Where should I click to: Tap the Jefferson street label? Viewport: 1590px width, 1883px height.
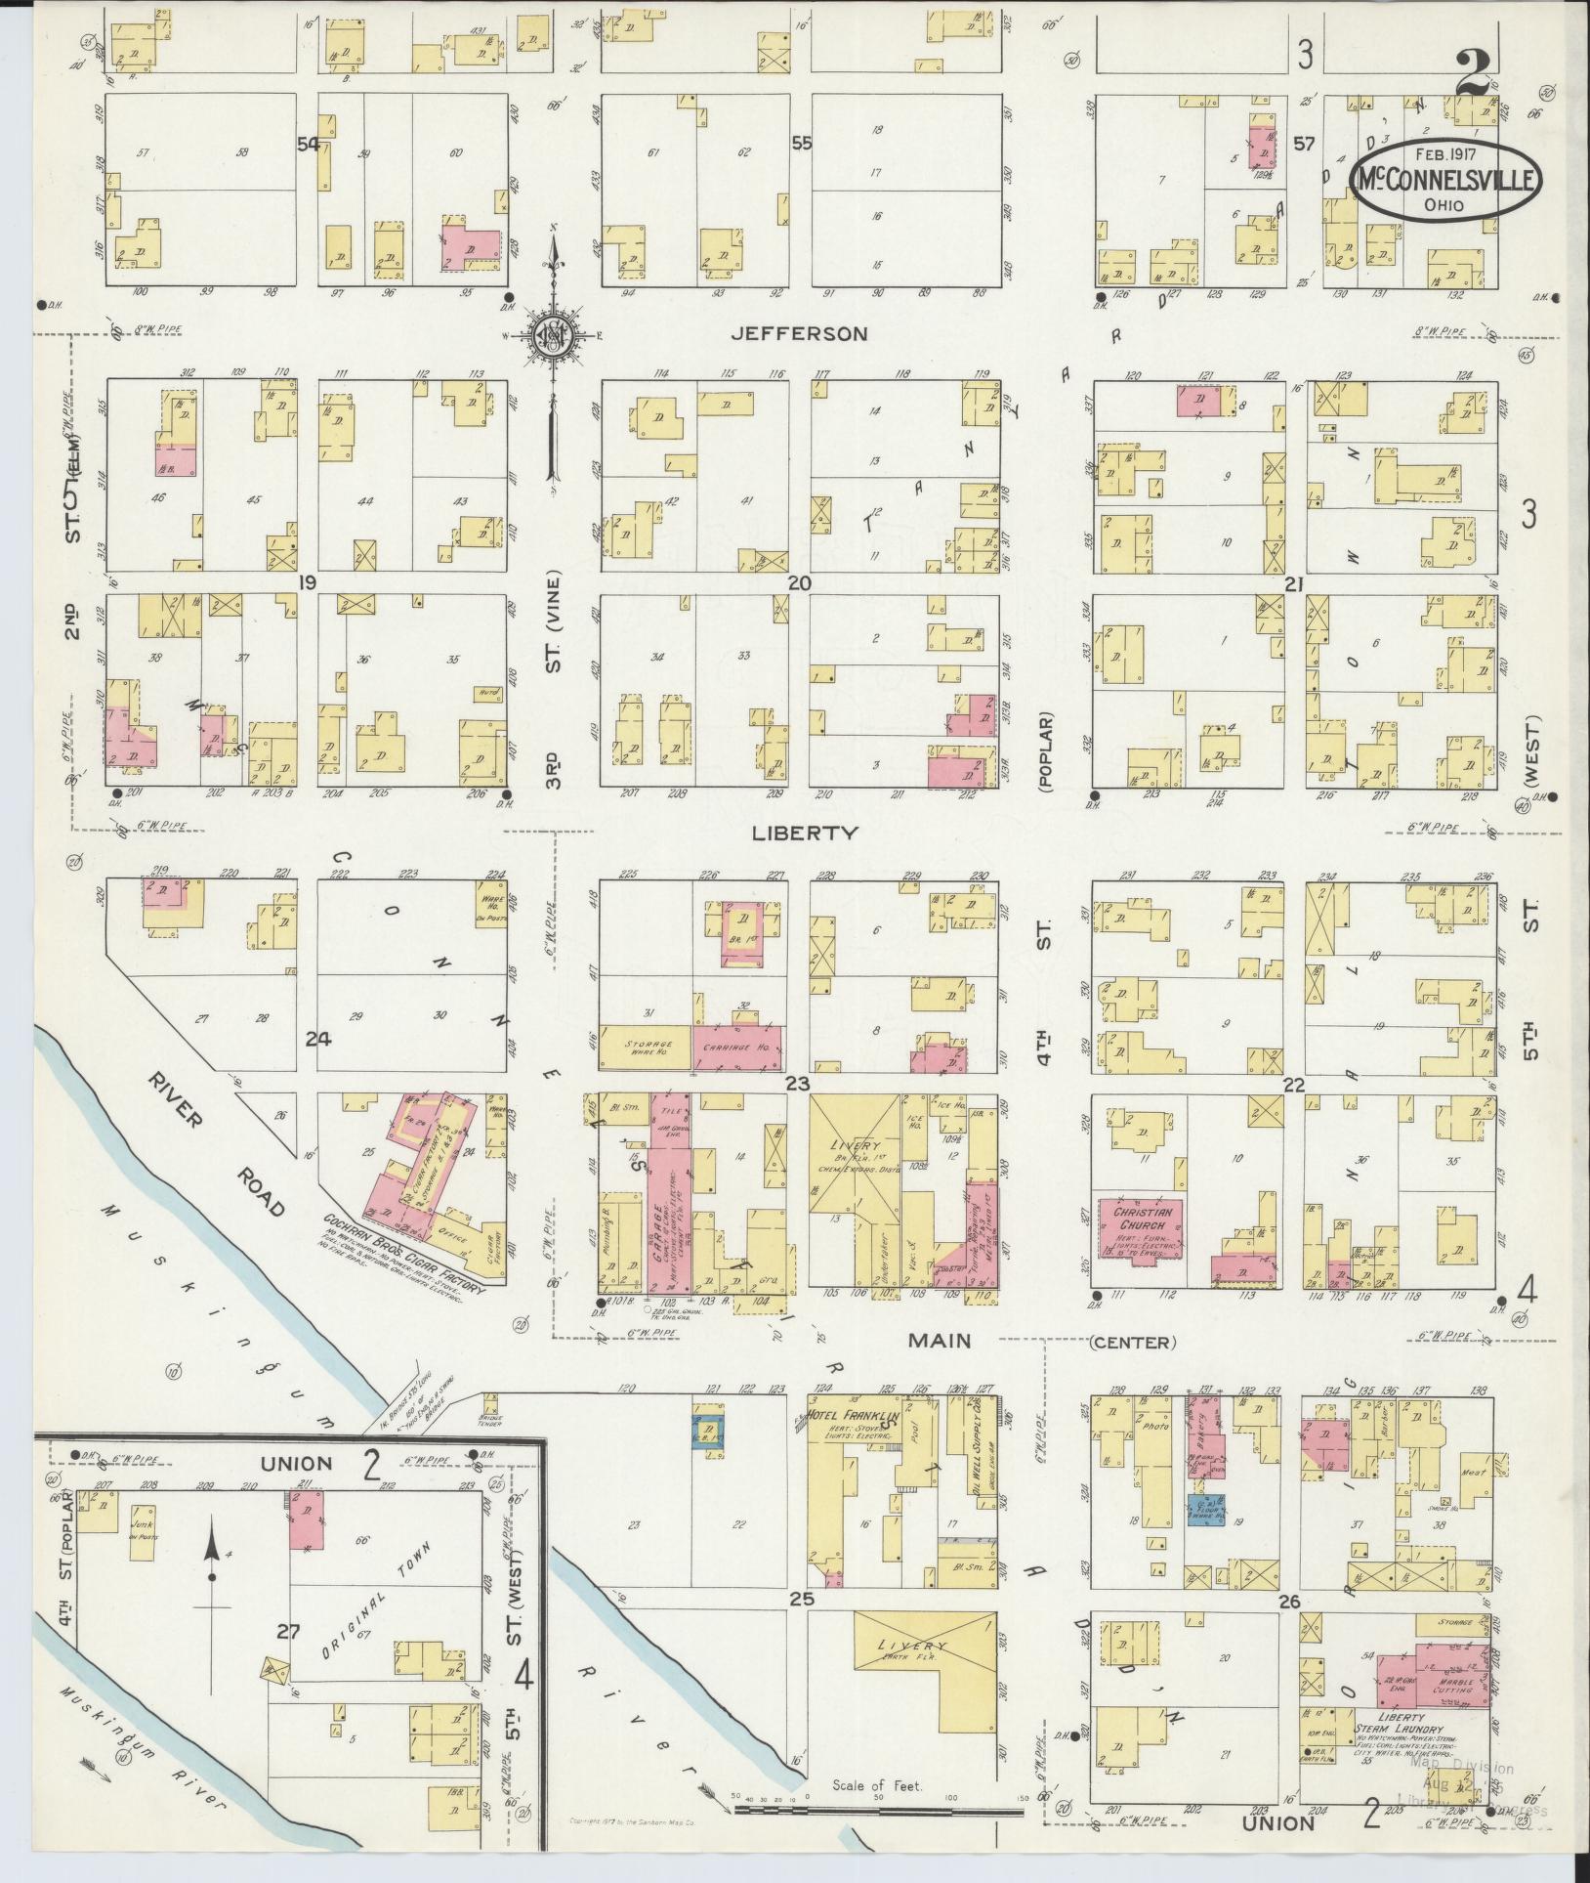pos(800,334)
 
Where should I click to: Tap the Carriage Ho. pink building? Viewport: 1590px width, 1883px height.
pos(737,1045)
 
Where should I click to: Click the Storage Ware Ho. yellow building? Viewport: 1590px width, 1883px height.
pos(645,1045)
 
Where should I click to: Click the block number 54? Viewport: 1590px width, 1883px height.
pos(309,144)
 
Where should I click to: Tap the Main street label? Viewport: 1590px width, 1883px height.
pos(939,1341)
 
